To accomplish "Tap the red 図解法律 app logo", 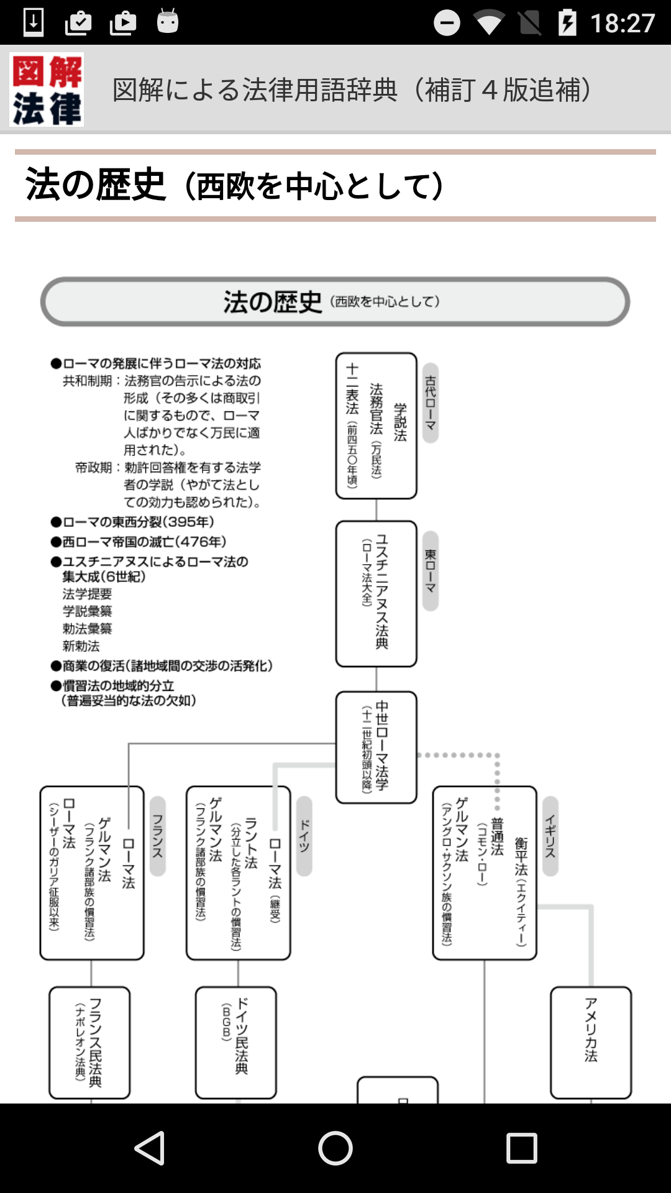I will tap(47, 89).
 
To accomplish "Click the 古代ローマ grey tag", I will tap(430, 403).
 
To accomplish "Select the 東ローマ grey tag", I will tap(430, 570).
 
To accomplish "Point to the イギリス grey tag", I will tap(550, 836).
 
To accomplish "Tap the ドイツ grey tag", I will tap(304, 836).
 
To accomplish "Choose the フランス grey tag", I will tap(158, 836).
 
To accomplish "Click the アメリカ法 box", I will tap(590, 1042).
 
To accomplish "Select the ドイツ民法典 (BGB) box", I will tap(236, 1042).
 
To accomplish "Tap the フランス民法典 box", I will tap(90, 1042).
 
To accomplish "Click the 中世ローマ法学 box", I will tap(377, 747).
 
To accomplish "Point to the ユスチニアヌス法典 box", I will tap(377, 593).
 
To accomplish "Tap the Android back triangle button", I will tap(150, 1148).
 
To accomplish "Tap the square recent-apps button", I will tap(521, 1148).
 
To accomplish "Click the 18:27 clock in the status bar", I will tap(622, 23).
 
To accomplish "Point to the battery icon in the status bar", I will tap(567, 23).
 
